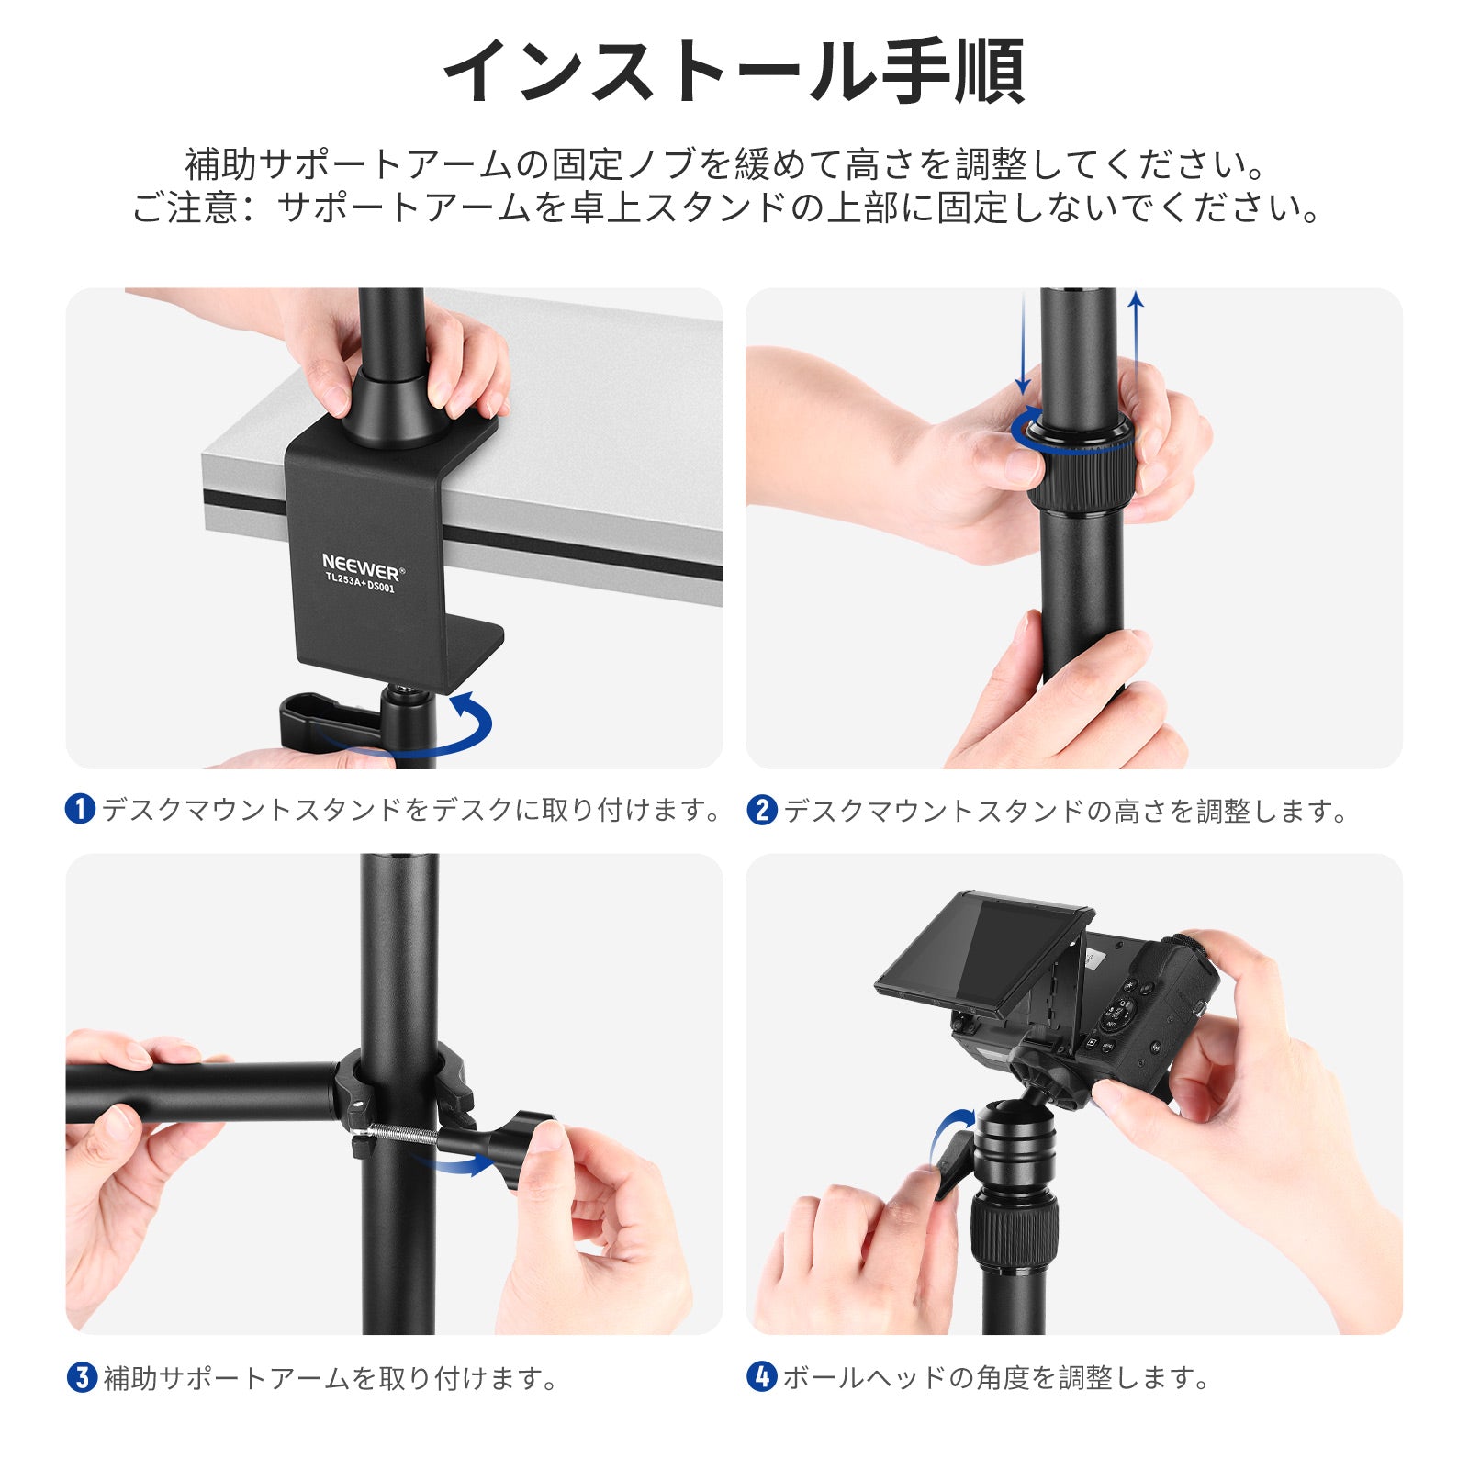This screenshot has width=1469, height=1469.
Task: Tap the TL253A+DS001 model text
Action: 359,583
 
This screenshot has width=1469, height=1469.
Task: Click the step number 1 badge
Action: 81,810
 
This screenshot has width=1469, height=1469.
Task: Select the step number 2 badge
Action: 761,810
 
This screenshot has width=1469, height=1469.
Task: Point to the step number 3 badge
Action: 82,1377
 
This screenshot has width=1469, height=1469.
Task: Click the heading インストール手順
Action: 734,71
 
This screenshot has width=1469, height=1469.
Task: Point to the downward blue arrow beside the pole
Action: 1023,343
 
